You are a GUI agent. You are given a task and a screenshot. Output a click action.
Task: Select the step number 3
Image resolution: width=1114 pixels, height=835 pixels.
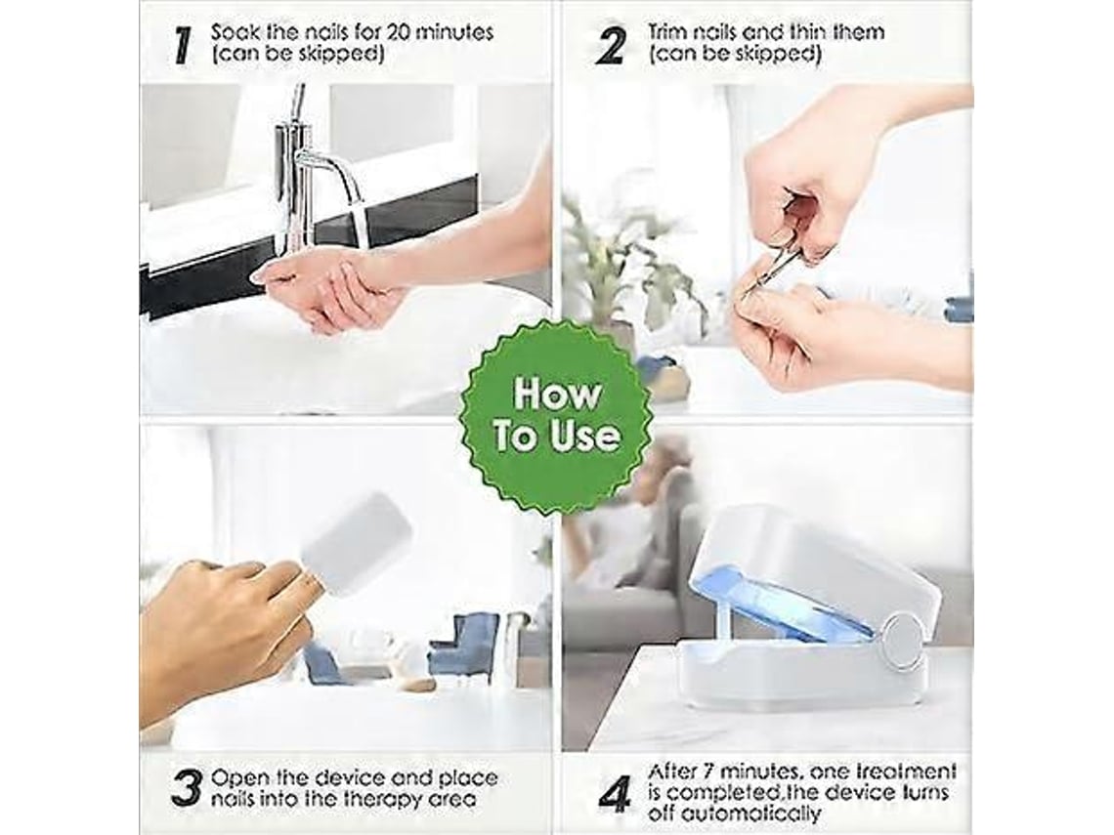pyautogui.click(x=187, y=788)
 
